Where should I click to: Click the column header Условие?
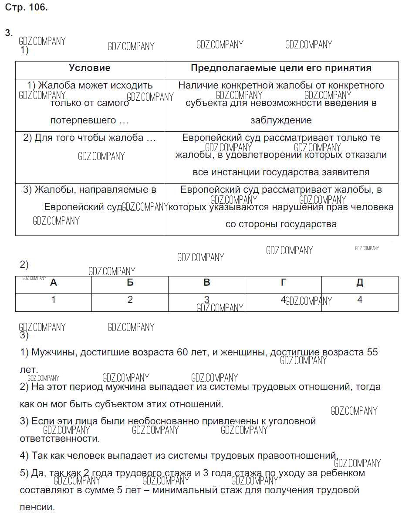point(90,68)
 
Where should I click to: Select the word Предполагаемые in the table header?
point(227,68)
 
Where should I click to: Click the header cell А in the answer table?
point(54,283)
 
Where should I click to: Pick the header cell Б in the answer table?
point(130,283)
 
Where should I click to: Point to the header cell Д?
point(360,283)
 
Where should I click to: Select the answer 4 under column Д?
point(360,300)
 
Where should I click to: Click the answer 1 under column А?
point(54,300)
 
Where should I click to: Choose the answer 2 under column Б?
point(130,300)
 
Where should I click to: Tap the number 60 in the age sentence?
point(182,352)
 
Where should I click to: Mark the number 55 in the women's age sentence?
point(372,352)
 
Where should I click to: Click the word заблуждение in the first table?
point(281,120)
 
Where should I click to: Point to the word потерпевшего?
point(83,120)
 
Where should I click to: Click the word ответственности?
point(60,439)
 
